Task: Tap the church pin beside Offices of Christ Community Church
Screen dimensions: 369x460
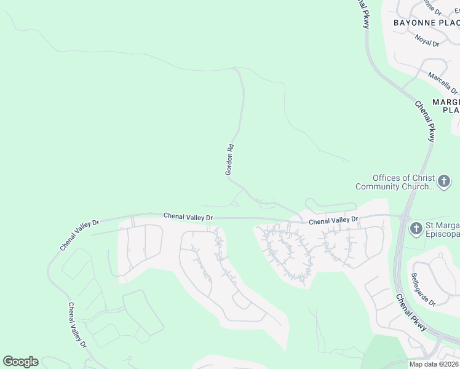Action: pyautogui.click(x=444, y=182)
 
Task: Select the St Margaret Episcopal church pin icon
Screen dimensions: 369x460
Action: pyautogui.click(x=416, y=229)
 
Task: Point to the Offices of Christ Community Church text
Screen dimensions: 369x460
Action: pyautogui.click(x=395, y=182)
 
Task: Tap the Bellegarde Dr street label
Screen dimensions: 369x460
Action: pyautogui.click(x=423, y=290)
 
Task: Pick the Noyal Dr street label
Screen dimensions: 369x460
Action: pyautogui.click(x=427, y=41)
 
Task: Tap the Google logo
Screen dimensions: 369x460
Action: pyautogui.click(x=20, y=362)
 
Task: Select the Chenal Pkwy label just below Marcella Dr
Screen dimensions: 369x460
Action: pyautogui.click(x=425, y=121)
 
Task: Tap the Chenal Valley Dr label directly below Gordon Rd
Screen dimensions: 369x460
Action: pyautogui.click(x=188, y=216)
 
